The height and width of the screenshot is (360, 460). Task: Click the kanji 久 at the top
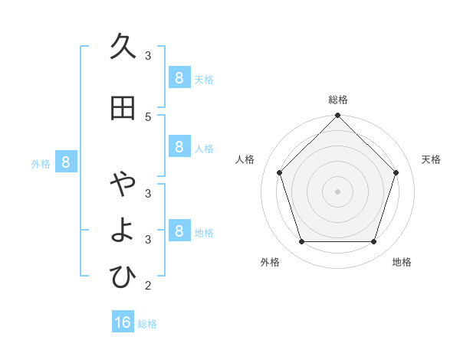point(123,47)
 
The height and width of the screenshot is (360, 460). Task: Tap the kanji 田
point(123,109)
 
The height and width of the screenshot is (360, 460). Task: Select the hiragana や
point(123,185)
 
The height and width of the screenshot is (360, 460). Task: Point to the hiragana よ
point(123,231)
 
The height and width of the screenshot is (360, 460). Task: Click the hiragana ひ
point(123,277)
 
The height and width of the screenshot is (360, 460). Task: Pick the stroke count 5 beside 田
point(148,116)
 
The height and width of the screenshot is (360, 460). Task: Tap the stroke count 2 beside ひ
point(148,286)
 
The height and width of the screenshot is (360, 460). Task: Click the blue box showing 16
point(123,322)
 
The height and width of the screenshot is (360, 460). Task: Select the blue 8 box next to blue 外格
point(66,162)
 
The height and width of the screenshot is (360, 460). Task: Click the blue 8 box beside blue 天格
point(179,77)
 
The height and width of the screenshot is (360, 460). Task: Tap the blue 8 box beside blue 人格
point(179,147)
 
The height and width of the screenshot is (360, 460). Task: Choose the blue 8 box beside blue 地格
point(179,231)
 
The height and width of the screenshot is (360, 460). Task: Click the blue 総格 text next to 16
point(147,324)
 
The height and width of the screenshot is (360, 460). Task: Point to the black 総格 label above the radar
point(337,100)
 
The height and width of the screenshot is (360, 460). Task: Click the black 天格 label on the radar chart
point(431,159)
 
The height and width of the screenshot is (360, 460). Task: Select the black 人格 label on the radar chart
point(245,159)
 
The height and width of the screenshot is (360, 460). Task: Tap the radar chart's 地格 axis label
point(402,262)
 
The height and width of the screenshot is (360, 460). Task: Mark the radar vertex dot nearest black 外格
point(301,242)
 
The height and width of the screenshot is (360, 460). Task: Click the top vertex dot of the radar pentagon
point(337,116)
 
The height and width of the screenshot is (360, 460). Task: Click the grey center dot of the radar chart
point(337,191)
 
